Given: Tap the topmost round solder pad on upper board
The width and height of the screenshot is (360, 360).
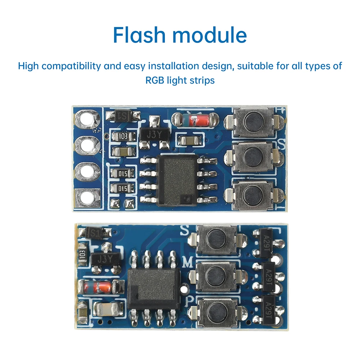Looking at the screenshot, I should pos(87,118).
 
